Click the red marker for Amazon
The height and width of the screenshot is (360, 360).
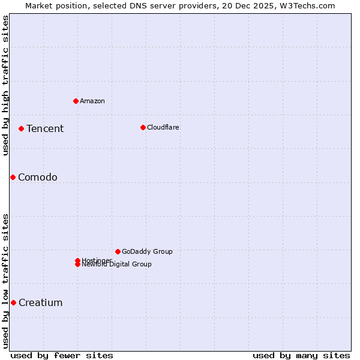tap(76, 101)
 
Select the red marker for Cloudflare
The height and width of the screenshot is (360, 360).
tap(143, 127)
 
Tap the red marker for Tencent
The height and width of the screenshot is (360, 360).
tap(21, 128)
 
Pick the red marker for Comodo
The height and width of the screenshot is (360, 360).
tap(13, 177)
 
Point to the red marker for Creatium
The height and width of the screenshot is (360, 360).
tap(13, 302)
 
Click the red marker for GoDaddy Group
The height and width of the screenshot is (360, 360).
tap(118, 251)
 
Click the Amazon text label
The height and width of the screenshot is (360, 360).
tap(92, 101)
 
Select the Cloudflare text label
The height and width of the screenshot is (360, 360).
tap(163, 127)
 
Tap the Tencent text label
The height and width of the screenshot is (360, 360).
tap(45, 128)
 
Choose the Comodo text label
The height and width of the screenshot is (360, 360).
tap(38, 177)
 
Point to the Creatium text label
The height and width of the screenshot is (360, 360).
tap(41, 302)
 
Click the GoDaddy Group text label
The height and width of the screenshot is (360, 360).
tap(147, 251)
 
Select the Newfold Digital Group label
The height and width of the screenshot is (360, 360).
tap(117, 265)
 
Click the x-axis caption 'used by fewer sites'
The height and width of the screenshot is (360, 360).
tap(62, 355)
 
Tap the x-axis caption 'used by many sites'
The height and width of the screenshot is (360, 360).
tap(301, 355)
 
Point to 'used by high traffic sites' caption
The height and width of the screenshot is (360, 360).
tap(5, 85)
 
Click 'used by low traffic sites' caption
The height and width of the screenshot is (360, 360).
tap(5, 280)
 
